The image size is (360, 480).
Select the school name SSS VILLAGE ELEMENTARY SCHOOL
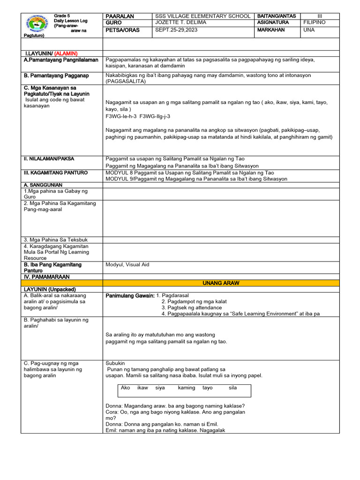[202, 16]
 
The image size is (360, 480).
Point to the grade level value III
[320, 16]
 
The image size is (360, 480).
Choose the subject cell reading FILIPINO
[315, 22]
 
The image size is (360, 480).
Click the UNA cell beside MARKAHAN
[309, 30]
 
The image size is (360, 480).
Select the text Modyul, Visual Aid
[127, 265]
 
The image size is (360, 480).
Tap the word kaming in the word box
[187, 388]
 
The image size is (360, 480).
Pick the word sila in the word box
[233, 388]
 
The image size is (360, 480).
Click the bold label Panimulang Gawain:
[130, 296]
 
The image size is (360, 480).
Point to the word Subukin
[115, 363]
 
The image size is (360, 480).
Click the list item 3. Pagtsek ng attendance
[192, 307]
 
